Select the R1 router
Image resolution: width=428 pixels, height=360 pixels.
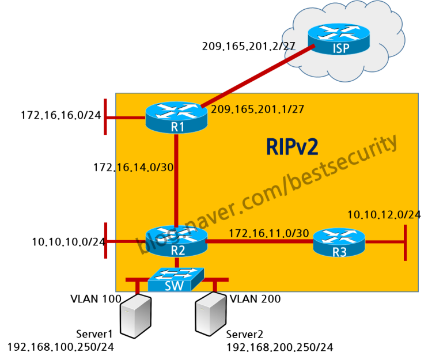coord(176,117)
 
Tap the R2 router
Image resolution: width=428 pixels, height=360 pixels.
coord(176,241)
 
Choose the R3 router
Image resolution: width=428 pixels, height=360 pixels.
coord(339,242)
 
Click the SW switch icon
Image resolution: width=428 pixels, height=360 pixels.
coord(176,279)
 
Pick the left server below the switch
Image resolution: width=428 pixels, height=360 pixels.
coord(135,316)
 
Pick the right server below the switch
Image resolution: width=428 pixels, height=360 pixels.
coord(210,313)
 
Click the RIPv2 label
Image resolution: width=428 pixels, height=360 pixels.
coord(292,147)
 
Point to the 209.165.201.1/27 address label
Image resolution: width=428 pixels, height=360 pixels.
coord(257,109)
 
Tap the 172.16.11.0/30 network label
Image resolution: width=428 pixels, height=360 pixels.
coord(268,233)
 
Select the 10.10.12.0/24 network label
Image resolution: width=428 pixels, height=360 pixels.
coord(383,215)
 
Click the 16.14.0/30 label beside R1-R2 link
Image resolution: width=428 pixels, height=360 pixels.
coord(145,167)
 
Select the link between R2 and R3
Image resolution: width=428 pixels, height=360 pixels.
coord(259,242)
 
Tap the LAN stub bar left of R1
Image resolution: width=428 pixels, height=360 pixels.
coord(105,118)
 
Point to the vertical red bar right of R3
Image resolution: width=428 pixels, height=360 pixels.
coord(406,242)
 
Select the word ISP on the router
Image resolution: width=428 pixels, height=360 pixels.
coord(341,48)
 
